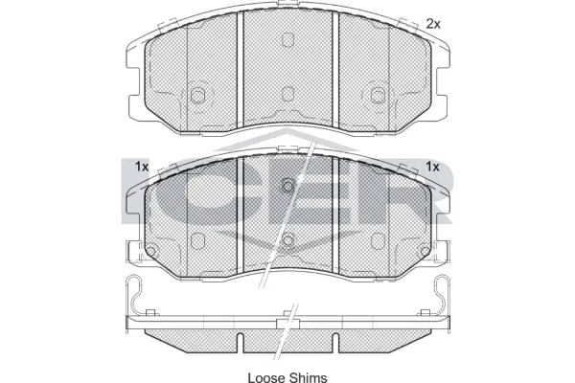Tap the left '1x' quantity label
pos(143,167)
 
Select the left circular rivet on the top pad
pos(198,94)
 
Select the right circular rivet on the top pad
pos(378,94)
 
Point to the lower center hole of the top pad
pos(287,93)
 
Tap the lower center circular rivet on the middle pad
pos(287,238)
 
